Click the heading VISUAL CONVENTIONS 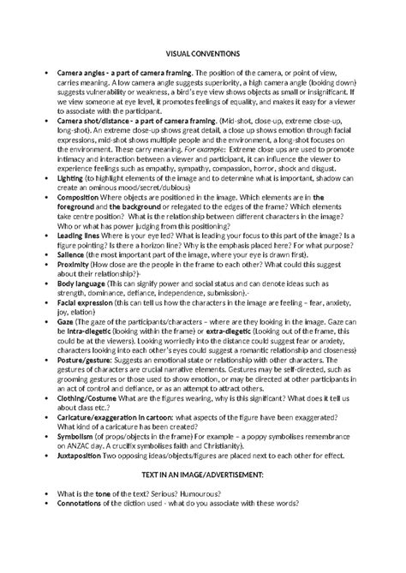203,53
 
